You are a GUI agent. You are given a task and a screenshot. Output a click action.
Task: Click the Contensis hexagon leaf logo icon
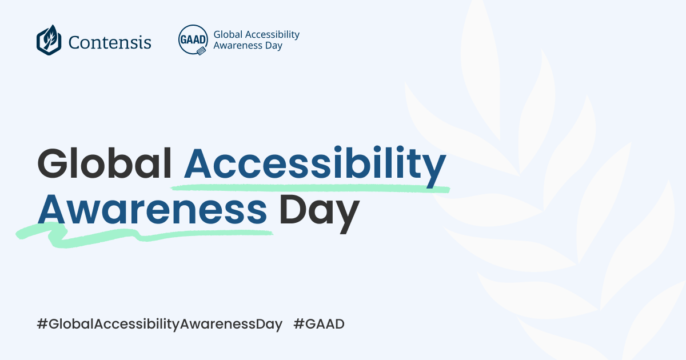tap(49, 40)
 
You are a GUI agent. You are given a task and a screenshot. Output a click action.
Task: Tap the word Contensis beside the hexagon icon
tap(110, 42)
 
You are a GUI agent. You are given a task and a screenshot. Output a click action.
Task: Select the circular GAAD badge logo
tap(193, 39)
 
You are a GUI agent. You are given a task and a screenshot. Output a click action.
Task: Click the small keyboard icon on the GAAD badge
tap(201, 50)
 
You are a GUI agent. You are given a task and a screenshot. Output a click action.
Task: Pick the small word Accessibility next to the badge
tap(272, 34)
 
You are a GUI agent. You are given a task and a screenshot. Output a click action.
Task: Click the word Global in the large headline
tap(105, 162)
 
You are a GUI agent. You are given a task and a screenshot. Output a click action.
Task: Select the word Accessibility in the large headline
tap(314, 163)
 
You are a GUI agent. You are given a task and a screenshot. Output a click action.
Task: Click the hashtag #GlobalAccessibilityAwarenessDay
tap(159, 325)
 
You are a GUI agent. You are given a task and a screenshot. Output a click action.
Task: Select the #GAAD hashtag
tap(319, 325)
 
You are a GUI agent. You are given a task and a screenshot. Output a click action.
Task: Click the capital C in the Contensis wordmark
tap(74, 42)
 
